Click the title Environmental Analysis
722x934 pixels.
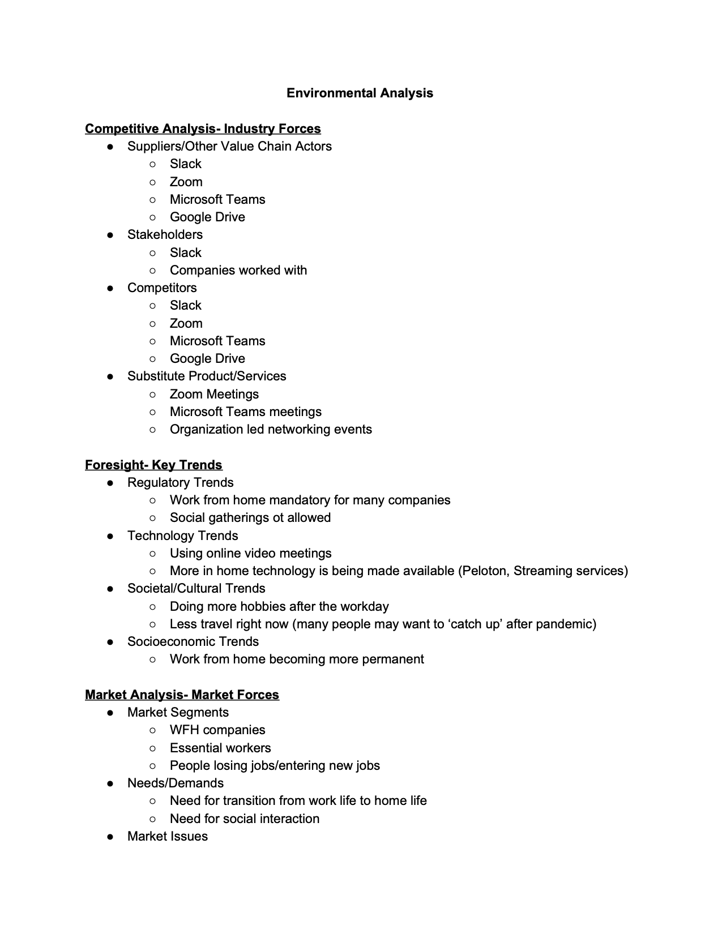tap(360, 93)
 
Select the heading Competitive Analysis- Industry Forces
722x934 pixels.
tap(203, 129)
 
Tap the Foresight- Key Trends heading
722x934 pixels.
tap(153, 465)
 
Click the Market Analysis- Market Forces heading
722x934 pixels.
tap(182, 695)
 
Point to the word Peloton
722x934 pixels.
tap(486, 571)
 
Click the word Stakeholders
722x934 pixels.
tap(165, 234)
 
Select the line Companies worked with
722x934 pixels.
tap(238, 270)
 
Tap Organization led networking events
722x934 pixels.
tap(271, 429)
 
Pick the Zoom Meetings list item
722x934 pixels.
tap(214, 394)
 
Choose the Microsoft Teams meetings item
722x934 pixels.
tap(245, 412)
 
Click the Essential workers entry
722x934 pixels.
tap(220, 748)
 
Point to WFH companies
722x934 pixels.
tap(217, 730)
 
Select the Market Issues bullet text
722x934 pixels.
tap(167, 836)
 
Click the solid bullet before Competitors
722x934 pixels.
tap(110, 288)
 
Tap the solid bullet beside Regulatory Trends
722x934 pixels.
tap(110, 483)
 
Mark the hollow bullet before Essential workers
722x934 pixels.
tap(152, 748)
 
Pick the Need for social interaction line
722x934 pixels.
tap(244, 819)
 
